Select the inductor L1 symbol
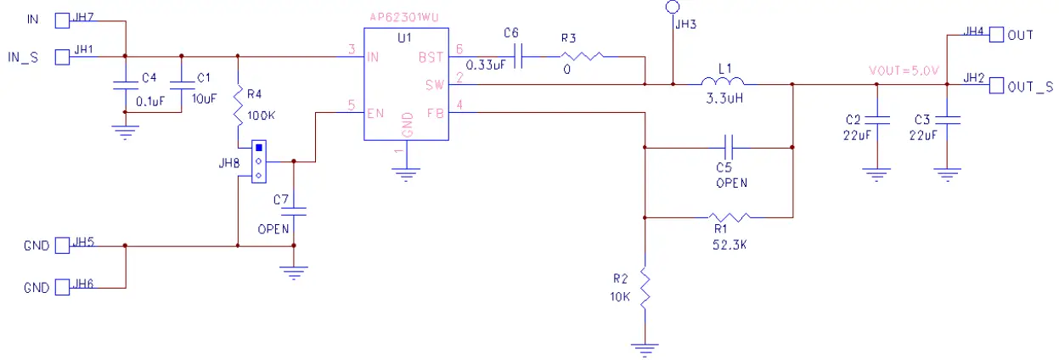tap(723, 83)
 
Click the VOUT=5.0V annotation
tap(903, 71)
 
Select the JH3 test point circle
tap(673, 8)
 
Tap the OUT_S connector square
tap(997, 85)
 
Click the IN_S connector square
tap(62, 57)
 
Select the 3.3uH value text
tap(723, 100)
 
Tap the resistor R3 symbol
tap(582, 57)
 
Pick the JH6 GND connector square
tap(62, 288)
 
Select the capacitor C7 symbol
tap(294, 211)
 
